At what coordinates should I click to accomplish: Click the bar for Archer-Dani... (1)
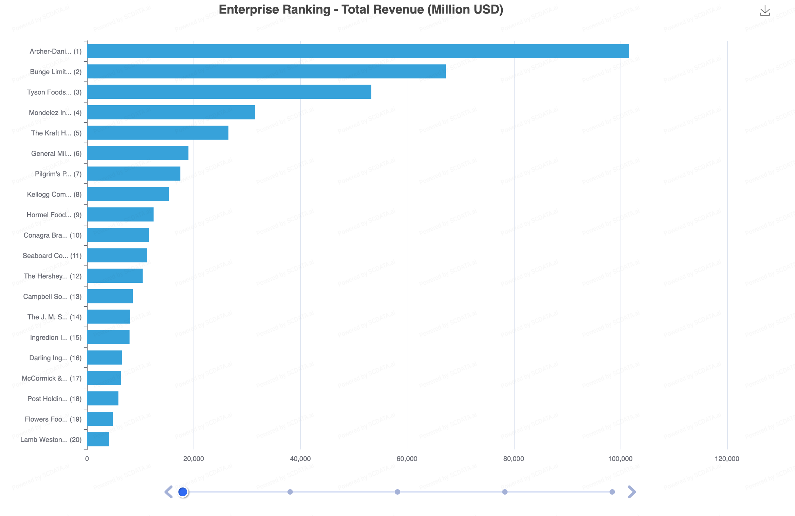click(x=358, y=51)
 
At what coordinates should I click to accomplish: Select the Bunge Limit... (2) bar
click(x=266, y=71)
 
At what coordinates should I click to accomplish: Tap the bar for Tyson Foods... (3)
click(x=229, y=92)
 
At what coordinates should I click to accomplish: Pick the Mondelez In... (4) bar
click(x=171, y=112)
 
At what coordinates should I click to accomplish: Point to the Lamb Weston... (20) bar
click(x=98, y=439)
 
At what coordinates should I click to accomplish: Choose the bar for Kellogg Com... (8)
click(x=128, y=194)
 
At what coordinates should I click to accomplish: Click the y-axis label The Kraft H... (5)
click(x=56, y=133)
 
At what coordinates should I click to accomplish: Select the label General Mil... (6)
click(x=56, y=153)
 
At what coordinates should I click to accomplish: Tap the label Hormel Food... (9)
click(x=54, y=215)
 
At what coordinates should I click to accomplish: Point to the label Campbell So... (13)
click(x=52, y=297)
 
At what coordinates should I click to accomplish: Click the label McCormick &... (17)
click(x=52, y=379)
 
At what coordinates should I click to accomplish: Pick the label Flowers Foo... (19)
click(x=53, y=419)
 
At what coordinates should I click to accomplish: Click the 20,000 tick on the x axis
click(x=193, y=459)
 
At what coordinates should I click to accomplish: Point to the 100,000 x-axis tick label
click(x=620, y=459)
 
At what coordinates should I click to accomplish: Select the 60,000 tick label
click(x=407, y=459)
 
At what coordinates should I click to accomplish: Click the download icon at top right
click(x=765, y=11)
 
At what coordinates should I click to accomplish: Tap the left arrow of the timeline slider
click(x=168, y=492)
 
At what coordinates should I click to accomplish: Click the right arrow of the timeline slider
click(x=631, y=492)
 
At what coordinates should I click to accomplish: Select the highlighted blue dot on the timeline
click(x=183, y=492)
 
